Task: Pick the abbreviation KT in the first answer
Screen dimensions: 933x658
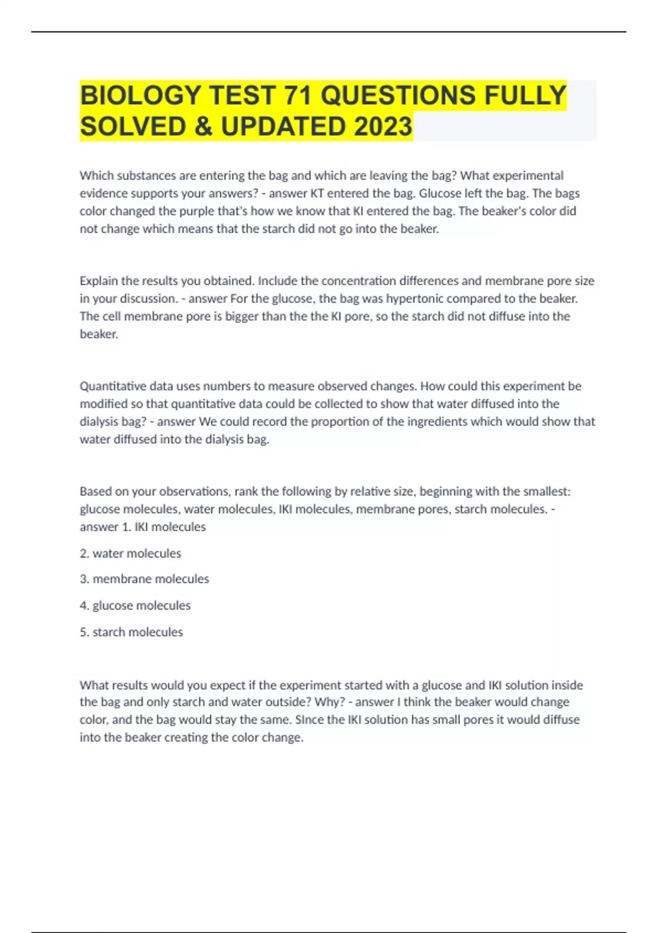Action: pyautogui.click(x=317, y=193)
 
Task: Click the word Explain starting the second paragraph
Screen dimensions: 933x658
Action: pyautogui.click(x=99, y=281)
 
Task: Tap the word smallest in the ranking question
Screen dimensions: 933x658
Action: pyautogui.click(x=544, y=491)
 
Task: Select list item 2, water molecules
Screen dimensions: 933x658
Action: pyautogui.click(x=131, y=553)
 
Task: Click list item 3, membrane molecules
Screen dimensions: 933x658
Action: pyautogui.click(x=144, y=579)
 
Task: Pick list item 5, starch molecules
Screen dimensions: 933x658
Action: pyautogui.click(x=131, y=632)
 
